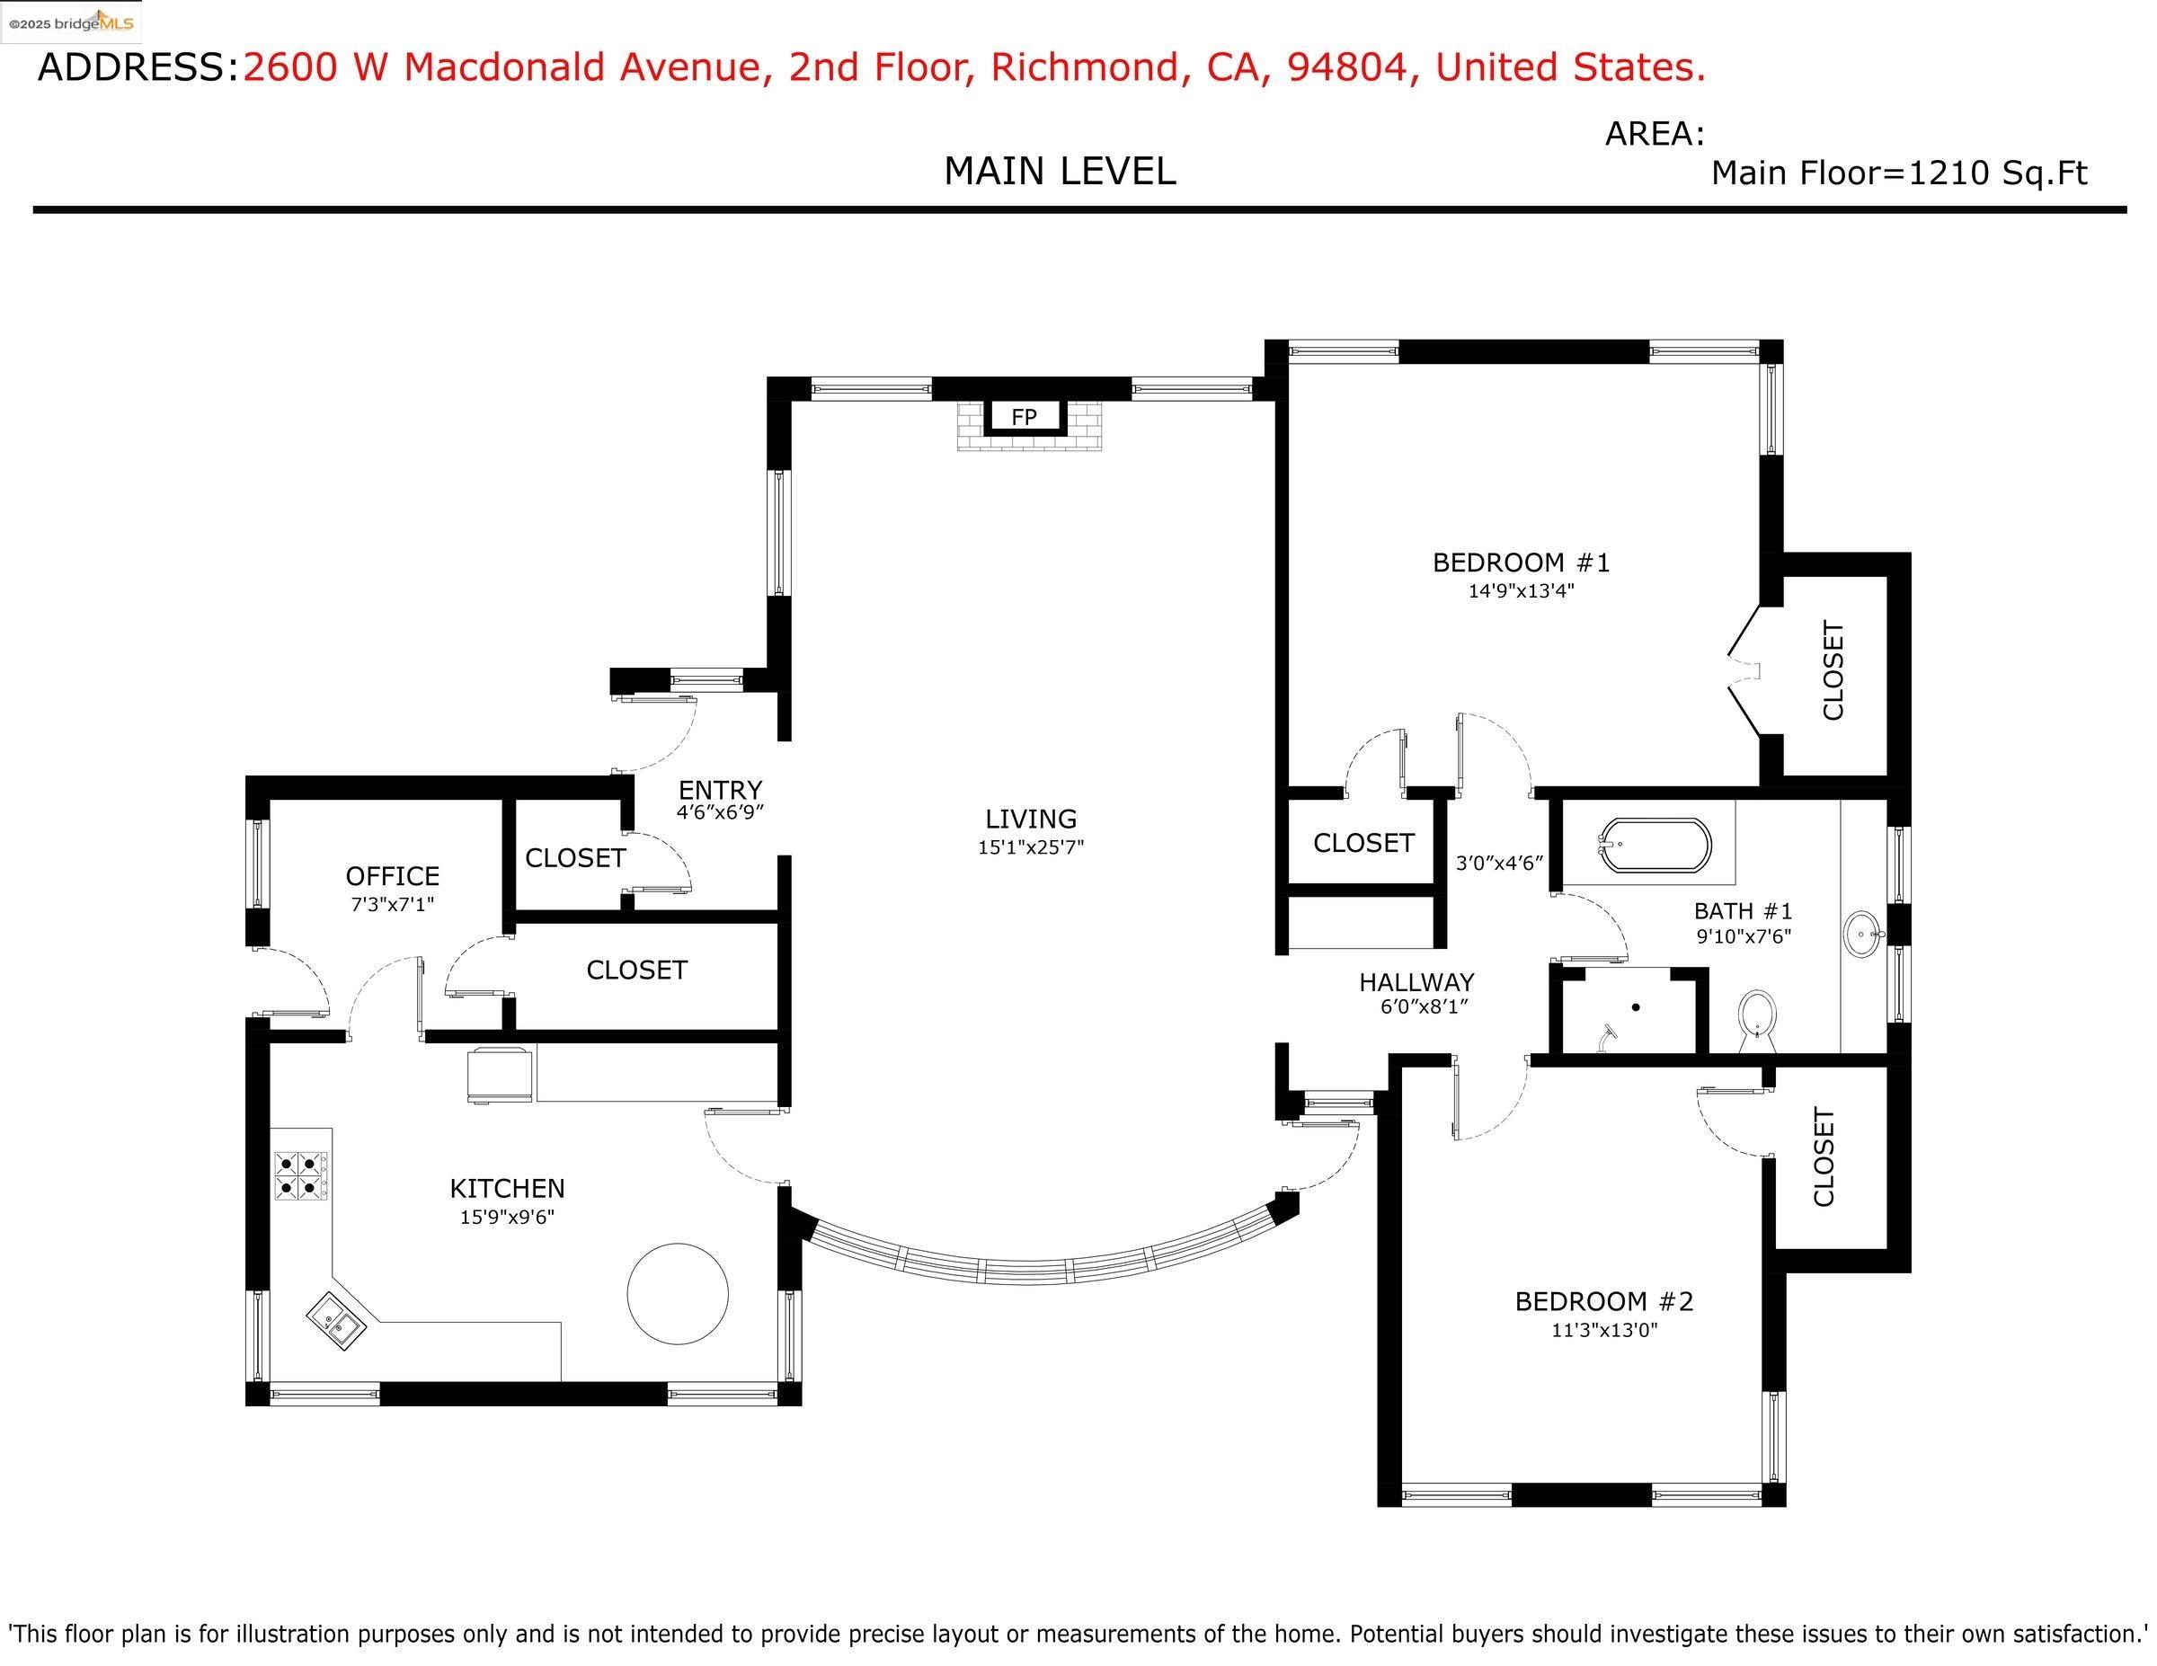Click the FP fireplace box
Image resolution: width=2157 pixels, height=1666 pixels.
point(1025,417)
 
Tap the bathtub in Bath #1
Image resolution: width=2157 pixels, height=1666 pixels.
point(1655,846)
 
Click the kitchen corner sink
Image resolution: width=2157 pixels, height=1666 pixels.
point(336,1321)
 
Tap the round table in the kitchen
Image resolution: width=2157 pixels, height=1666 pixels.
point(678,1293)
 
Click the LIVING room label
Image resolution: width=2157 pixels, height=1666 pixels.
point(1030,819)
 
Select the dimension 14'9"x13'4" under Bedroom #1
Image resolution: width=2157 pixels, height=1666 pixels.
point(1520,591)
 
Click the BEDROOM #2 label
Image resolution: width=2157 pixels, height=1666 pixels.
point(1604,1301)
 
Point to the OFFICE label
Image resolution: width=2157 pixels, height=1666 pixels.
point(392,876)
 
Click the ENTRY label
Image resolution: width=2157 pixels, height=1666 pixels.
point(720,790)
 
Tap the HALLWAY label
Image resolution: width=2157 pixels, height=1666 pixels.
point(1416,982)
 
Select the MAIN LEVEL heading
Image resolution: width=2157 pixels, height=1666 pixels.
point(1060,172)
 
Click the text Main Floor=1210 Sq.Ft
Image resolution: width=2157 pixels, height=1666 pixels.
point(1898,173)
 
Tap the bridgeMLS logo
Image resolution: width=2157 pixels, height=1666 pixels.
point(71,22)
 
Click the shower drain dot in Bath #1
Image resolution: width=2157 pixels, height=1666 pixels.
point(1636,1007)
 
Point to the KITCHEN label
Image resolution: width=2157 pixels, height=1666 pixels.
point(507,1189)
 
